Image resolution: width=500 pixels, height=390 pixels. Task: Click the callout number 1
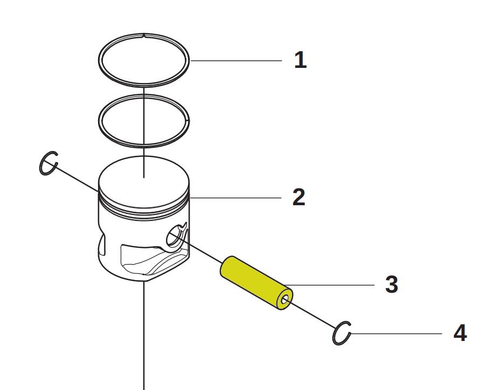(300, 60)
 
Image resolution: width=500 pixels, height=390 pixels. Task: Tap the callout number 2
(299, 197)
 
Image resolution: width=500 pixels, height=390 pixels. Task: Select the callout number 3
(392, 284)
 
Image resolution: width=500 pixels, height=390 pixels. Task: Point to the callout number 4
(460, 333)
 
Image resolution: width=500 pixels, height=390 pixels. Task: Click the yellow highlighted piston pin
(256, 283)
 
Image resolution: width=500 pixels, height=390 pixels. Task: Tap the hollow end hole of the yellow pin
(285, 300)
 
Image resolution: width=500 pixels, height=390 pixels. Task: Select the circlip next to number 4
(342, 333)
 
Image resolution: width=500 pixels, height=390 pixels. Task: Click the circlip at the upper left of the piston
(48, 163)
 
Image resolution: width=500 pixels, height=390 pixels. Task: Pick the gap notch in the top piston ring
(144, 35)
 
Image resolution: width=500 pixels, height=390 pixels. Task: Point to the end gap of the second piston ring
(188, 121)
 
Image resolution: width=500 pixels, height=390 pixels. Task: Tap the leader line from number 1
(237, 60)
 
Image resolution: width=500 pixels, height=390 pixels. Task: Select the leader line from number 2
(235, 198)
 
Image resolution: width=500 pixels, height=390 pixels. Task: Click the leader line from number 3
(329, 285)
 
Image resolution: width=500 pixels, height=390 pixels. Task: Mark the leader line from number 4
(397, 334)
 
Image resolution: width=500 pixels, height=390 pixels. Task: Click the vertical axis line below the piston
(144, 336)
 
